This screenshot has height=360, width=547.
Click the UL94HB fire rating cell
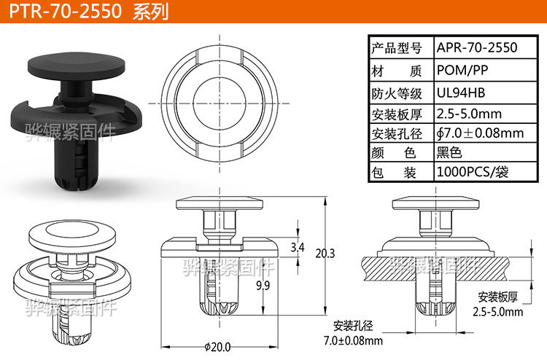click(x=460, y=93)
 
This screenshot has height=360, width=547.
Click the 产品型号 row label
click(x=397, y=48)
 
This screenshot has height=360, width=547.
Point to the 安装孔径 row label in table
click(x=397, y=133)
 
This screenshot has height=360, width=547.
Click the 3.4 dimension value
click(x=298, y=248)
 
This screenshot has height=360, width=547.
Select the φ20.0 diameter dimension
click(x=218, y=345)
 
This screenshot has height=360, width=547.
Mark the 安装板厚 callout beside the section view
click(x=498, y=297)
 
